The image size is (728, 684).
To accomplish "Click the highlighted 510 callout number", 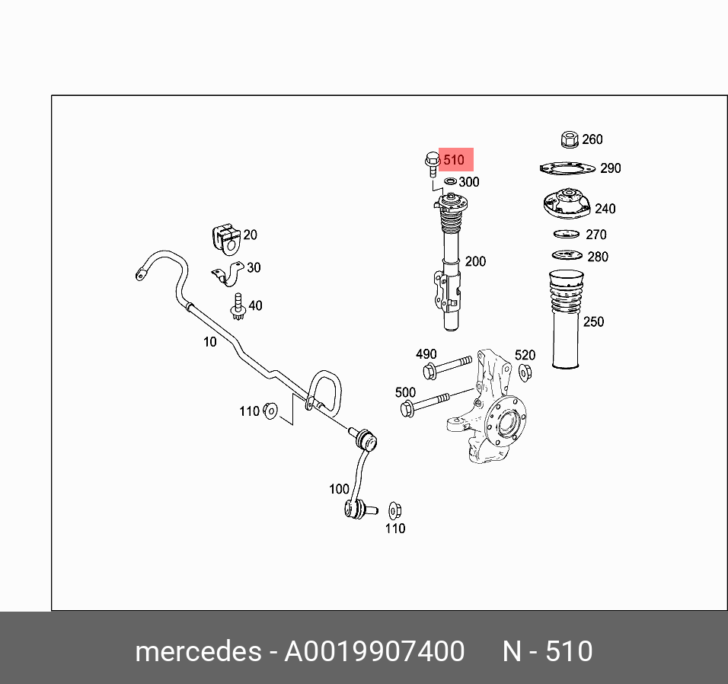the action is [454, 161].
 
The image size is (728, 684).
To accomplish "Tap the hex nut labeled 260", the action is [569, 139].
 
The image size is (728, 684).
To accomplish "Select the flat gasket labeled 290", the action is [567, 168].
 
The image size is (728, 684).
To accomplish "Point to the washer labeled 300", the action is [450, 181].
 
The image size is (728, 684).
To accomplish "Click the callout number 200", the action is [475, 261].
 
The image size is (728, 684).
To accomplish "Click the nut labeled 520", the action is [525, 372].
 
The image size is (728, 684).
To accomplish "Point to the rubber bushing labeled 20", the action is [225, 237].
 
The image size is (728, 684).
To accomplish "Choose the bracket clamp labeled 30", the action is [227, 273].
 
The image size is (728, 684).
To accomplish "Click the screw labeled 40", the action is [238, 306].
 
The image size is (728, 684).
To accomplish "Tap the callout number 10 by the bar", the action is [209, 342].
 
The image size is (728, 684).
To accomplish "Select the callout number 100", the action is [339, 489].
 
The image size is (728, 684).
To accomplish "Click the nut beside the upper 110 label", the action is [270, 411].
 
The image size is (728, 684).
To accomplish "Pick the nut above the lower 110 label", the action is [394, 510].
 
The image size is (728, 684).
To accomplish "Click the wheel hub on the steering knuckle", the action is [506, 424].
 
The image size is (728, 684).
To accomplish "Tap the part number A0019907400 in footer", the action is [374, 651].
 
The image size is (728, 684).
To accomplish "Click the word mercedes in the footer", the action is [197, 651].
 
